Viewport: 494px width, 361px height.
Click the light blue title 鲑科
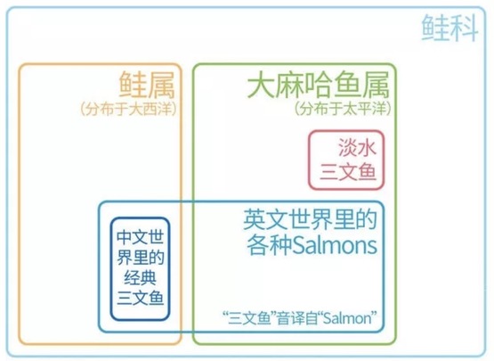(449, 28)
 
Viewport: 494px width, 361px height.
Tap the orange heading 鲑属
(147, 85)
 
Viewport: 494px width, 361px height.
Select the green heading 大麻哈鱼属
(318, 85)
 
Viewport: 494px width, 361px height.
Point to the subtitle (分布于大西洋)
(127, 109)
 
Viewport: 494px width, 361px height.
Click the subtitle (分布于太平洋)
(343, 109)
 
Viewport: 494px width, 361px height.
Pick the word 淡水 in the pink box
(358, 147)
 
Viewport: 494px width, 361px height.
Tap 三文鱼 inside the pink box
(348, 172)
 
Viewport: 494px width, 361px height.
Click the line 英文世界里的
(311, 219)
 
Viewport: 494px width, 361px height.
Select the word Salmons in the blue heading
(335, 245)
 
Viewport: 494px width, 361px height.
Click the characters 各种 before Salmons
(270, 245)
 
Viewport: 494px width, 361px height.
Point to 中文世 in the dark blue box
(141, 237)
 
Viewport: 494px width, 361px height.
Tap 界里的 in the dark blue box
(141, 258)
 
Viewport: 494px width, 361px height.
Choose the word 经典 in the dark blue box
(141, 278)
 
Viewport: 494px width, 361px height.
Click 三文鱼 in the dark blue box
(141, 298)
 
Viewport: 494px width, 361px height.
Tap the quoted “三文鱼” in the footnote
(248, 317)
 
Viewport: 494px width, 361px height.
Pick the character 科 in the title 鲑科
(465, 28)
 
